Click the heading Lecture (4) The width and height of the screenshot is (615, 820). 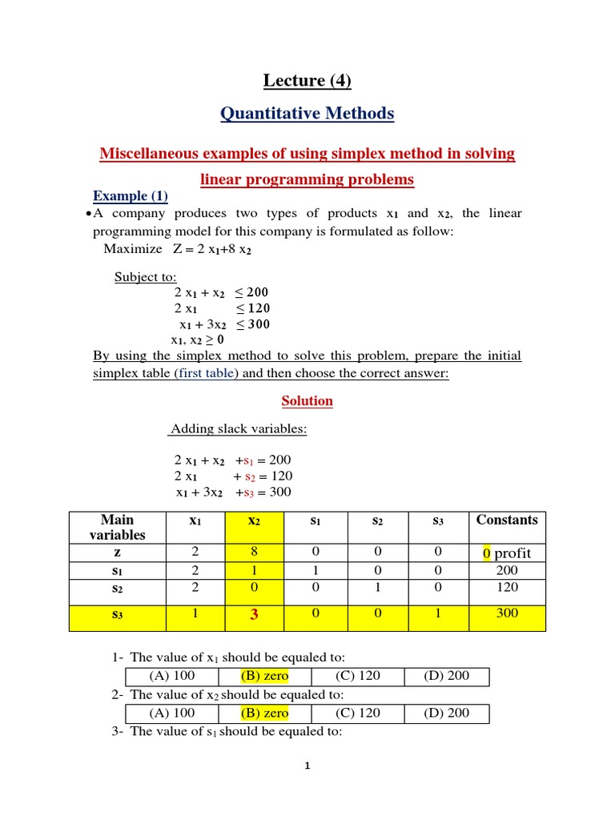click(307, 81)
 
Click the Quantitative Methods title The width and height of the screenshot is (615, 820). click(307, 114)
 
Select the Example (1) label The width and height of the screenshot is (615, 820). click(131, 196)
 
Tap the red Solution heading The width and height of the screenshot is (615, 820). click(307, 400)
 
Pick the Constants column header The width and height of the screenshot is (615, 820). click(507, 520)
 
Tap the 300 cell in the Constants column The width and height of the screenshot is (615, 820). click(507, 613)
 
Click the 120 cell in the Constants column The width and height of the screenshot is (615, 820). click(507, 587)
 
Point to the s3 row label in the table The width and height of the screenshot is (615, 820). click(118, 614)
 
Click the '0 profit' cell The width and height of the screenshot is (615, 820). click(507, 553)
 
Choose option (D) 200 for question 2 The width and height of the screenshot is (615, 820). click(447, 713)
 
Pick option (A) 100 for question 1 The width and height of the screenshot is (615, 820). click(172, 676)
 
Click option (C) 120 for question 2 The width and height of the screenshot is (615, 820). click(358, 713)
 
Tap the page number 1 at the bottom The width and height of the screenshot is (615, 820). click(307, 766)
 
